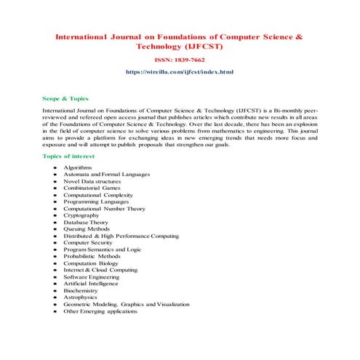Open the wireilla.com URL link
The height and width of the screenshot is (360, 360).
tap(180, 73)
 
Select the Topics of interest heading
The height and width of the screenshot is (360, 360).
tap(71, 156)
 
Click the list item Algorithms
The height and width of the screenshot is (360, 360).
tap(77, 167)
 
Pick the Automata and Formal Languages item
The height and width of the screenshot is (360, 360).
tap(106, 175)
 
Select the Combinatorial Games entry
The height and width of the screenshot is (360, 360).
tap(92, 188)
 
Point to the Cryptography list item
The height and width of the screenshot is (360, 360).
tap(81, 215)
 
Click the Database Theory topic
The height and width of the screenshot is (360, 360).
tap(85, 223)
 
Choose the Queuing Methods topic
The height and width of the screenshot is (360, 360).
tap(87, 229)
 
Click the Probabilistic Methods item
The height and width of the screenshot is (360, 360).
tap(92, 257)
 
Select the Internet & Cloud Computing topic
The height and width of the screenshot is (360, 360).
tap(100, 270)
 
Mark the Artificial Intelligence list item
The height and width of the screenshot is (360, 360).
tap(91, 284)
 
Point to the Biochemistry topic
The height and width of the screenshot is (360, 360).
tap(80, 290)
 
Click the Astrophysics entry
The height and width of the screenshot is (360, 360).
tap(80, 297)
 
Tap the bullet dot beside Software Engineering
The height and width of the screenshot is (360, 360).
tap(55, 277)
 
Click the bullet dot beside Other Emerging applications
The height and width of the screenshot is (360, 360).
tap(55, 311)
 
